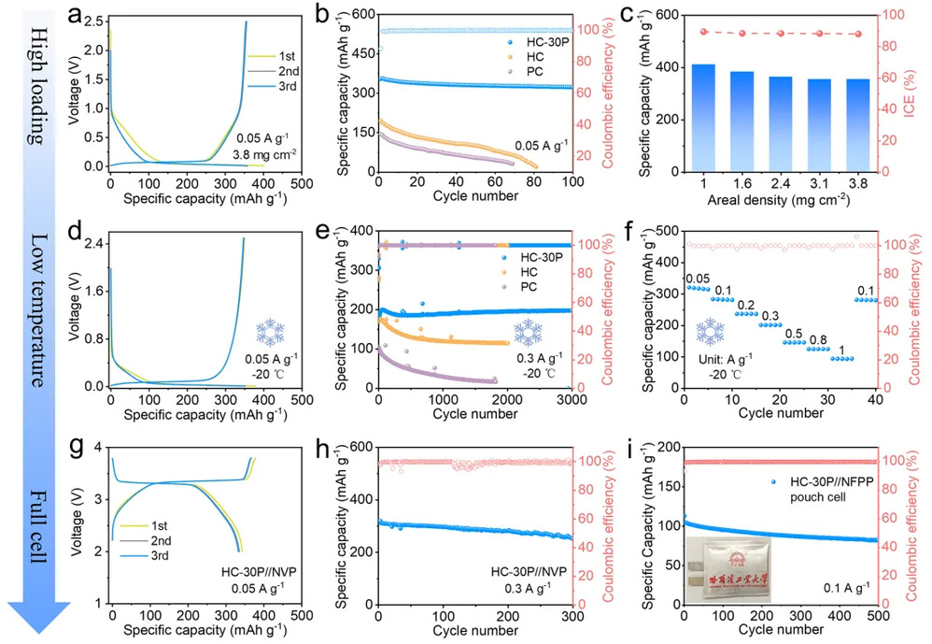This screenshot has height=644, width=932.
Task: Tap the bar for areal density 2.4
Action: click(x=779, y=124)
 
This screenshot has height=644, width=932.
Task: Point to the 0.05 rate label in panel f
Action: click(x=697, y=278)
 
